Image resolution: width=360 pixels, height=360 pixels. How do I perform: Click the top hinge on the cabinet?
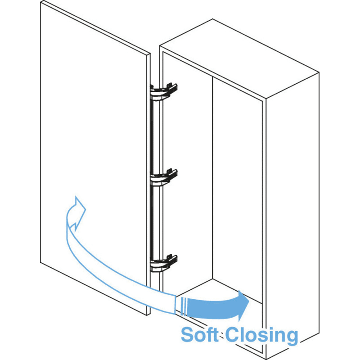click(163, 90)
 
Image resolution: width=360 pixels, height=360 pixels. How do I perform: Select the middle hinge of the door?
click(163, 176)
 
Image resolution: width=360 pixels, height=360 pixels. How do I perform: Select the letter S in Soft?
click(188, 335)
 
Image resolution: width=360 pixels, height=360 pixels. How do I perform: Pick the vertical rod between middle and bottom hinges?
click(153, 220)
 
